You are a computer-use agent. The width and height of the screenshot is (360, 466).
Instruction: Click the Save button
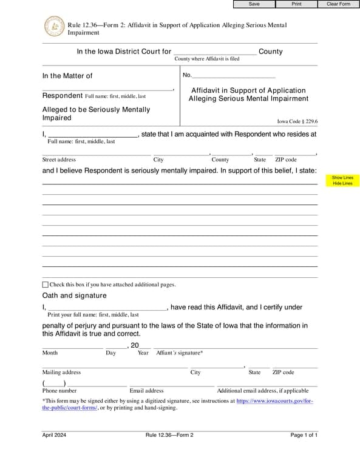(x=254, y=4)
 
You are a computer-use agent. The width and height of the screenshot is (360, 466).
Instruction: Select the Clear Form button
(x=338, y=4)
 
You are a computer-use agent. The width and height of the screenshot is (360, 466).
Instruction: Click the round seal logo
(x=54, y=27)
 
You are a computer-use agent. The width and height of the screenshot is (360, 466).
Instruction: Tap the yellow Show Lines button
(x=342, y=178)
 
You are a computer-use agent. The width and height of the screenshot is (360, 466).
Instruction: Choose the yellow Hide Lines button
(x=342, y=183)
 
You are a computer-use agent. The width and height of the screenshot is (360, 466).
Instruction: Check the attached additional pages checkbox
(x=46, y=284)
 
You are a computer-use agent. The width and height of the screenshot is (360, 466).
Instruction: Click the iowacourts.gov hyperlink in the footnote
(x=274, y=401)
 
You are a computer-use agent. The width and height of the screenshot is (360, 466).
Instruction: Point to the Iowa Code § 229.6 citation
(x=297, y=121)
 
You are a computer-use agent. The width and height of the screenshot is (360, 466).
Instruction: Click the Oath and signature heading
(x=74, y=295)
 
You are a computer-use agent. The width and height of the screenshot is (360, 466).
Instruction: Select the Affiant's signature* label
(x=180, y=353)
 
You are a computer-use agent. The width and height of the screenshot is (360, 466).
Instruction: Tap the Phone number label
(x=59, y=391)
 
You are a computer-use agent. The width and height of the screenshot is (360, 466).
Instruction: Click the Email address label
(x=146, y=391)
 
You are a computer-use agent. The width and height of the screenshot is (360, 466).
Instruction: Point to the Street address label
(x=59, y=160)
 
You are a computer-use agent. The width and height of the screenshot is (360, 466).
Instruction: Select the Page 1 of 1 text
(x=304, y=435)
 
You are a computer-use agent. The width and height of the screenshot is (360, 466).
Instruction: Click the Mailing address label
(x=61, y=372)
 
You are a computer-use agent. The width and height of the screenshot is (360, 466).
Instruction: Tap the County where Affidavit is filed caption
(x=207, y=59)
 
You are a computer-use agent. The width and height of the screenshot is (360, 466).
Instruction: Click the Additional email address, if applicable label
(x=263, y=391)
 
